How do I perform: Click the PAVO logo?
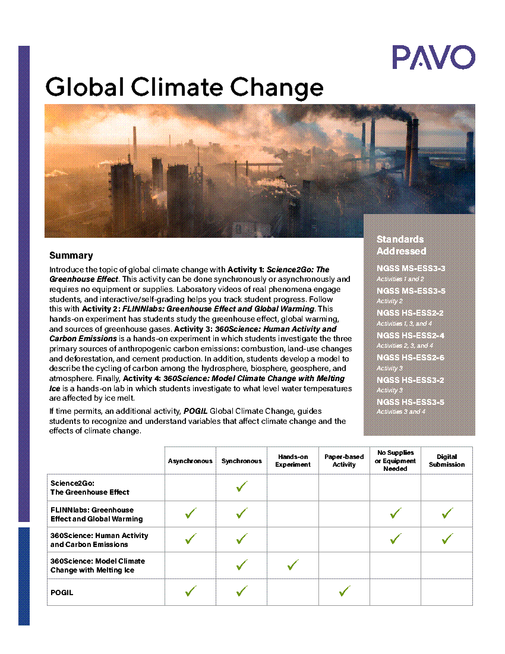coord(433,58)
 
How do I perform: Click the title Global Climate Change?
coord(184,87)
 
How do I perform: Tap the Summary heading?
coord(71,256)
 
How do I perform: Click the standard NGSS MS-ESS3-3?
coord(411,268)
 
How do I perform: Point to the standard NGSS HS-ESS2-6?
coord(410,357)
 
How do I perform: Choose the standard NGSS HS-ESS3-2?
coord(410,380)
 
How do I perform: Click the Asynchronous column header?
coord(190,461)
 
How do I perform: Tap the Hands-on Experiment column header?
coord(293,461)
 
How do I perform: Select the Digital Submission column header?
coord(447,461)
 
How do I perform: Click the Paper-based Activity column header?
coord(344,461)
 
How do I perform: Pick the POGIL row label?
coord(62,593)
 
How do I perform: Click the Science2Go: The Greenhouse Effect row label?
coord(89,488)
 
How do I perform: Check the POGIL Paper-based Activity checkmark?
coord(344,592)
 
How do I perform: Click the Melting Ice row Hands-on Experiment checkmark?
coord(293,565)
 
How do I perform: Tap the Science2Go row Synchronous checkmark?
coord(242,487)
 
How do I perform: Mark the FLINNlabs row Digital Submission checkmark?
coord(447,514)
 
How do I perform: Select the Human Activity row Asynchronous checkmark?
coord(190,539)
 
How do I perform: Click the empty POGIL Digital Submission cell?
coord(447,592)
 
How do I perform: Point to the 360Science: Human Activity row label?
coord(99,540)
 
